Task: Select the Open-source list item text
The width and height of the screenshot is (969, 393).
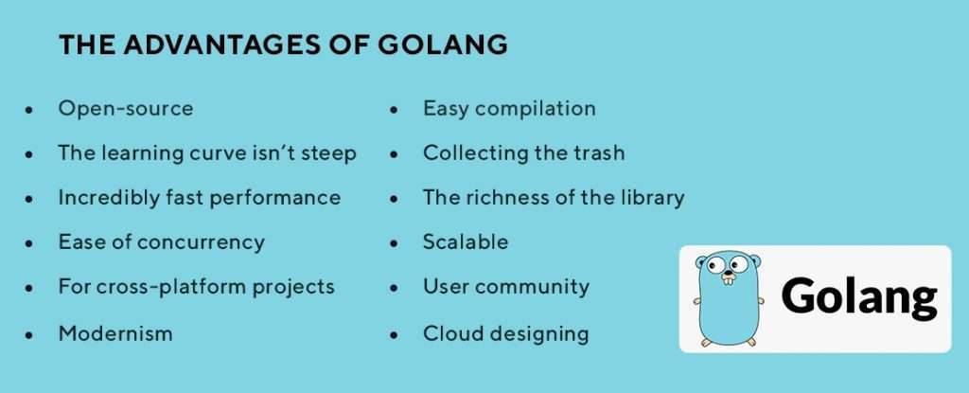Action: click(x=126, y=108)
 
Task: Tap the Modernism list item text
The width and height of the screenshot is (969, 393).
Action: click(x=115, y=333)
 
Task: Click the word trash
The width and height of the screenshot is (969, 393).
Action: click(x=598, y=152)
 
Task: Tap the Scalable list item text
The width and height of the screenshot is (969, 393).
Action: click(x=466, y=241)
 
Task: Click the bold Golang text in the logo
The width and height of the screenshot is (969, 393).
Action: click(x=859, y=297)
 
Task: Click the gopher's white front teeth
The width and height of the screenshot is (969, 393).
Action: click(x=730, y=280)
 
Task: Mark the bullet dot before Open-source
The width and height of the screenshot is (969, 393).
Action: click(x=29, y=110)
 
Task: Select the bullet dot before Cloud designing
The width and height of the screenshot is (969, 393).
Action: click(x=394, y=335)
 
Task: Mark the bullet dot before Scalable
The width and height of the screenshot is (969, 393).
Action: click(x=394, y=243)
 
